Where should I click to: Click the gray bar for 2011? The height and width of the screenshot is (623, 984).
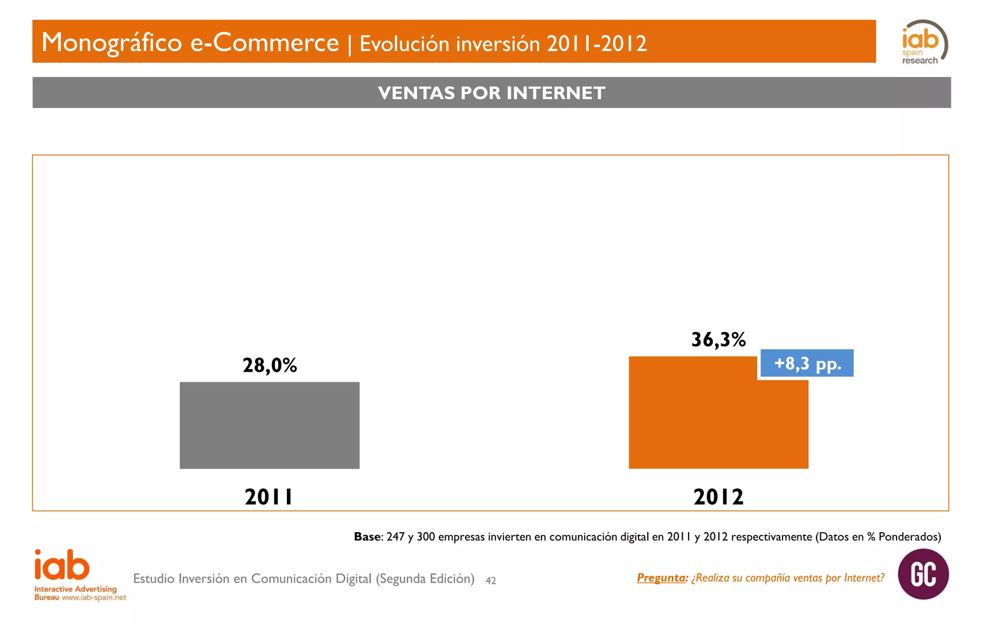coord(270,425)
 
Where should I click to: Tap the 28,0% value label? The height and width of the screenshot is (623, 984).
coord(270,366)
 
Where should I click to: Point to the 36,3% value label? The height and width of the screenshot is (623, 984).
coord(718,340)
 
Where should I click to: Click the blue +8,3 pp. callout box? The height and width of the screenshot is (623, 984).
coord(807,363)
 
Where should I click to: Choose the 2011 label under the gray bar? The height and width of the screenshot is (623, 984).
coord(269,497)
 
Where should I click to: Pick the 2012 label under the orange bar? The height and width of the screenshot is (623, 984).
coord(718,497)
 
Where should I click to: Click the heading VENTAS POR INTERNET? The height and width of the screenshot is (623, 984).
coord(491,93)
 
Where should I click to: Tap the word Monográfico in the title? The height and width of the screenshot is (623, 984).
coord(111,42)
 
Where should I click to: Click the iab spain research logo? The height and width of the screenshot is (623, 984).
coord(923,42)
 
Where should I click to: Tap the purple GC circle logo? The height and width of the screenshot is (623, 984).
coord(923,574)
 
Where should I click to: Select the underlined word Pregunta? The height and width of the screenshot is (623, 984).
coord(662,578)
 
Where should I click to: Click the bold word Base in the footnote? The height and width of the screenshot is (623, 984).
coord(367,537)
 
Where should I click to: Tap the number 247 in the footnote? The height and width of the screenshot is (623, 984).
coord(395,537)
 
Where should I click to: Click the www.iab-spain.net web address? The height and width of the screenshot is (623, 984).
coord(94,598)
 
